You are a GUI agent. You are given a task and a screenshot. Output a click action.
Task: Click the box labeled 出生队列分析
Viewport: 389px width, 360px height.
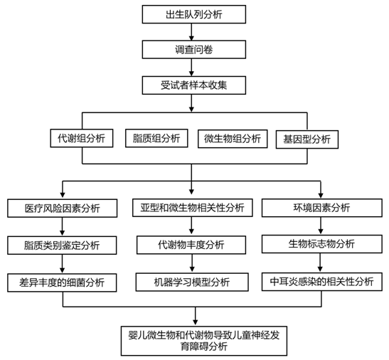pyautogui.click(x=194, y=14)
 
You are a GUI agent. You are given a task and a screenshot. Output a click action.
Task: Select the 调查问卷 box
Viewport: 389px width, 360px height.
pyautogui.click(x=194, y=50)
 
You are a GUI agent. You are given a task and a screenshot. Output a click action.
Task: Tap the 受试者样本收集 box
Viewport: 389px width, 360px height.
pyautogui.click(x=194, y=85)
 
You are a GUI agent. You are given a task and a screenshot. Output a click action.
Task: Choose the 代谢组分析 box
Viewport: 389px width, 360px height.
pyautogui.click(x=82, y=138)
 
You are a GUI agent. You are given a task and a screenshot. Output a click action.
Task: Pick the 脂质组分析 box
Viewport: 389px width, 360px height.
pyautogui.click(x=156, y=138)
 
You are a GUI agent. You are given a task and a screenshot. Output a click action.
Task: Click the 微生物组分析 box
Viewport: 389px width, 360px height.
pyautogui.click(x=233, y=139)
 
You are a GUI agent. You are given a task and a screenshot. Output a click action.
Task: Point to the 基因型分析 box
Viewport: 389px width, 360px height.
pyautogui.click(x=307, y=139)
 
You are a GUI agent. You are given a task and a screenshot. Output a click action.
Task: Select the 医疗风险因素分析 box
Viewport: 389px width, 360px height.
pyautogui.click(x=63, y=208)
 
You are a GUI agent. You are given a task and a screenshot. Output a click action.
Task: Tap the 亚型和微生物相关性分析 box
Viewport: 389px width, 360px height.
pyautogui.click(x=193, y=208)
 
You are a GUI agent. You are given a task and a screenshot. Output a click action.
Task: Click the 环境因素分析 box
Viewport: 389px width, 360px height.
pyautogui.click(x=322, y=208)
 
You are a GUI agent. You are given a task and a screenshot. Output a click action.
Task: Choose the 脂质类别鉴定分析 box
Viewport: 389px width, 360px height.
pyautogui.click(x=62, y=245)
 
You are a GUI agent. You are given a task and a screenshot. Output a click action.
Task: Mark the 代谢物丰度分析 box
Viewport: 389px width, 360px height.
pyautogui.click(x=191, y=245)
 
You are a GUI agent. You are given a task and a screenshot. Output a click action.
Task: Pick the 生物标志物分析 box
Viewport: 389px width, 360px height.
pyautogui.click(x=322, y=244)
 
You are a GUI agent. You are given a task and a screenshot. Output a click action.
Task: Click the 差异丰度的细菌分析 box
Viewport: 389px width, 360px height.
pyautogui.click(x=62, y=282)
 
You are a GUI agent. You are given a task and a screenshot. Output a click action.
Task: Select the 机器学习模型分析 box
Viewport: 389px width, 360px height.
pyautogui.click(x=192, y=282)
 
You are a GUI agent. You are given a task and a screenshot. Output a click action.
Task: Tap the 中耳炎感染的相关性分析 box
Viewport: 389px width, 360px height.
pyautogui.click(x=322, y=282)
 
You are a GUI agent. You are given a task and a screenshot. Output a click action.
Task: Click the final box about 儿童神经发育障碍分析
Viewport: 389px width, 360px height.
pyautogui.click(x=204, y=341)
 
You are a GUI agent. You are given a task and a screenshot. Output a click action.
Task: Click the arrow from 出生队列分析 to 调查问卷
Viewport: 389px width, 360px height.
pyautogui.click(x=191, y=32)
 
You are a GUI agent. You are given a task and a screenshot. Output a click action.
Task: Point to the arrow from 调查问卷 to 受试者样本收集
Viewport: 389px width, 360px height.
pyautogui.click(x=191, y=68)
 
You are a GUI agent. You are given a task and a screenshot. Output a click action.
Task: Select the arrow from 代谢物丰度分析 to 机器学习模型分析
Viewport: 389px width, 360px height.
pyautogui.click(x=192, y=263)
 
